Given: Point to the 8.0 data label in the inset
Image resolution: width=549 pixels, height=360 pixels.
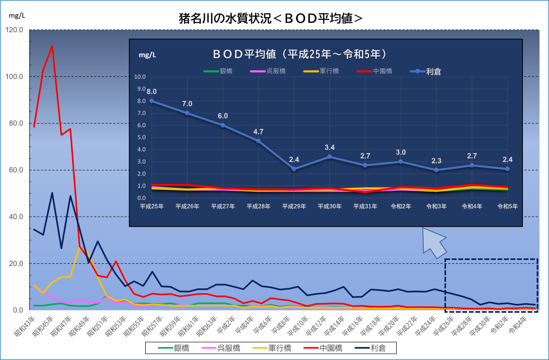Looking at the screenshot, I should point(152,92).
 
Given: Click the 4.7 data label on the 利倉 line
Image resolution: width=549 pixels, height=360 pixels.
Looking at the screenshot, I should point(259,131).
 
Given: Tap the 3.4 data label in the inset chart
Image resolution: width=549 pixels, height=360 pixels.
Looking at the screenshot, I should point(329,147).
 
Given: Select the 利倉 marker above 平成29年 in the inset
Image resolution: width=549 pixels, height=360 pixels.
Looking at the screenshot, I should point(294,169).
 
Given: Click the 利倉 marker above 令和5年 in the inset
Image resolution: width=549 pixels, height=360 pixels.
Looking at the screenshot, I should point(507,169).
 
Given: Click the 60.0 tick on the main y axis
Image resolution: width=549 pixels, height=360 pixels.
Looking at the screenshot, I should point(16,170).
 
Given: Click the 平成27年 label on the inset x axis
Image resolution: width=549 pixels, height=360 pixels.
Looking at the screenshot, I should point(223,206).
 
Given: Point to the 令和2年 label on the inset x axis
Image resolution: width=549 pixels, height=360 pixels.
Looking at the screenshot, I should point(400,206).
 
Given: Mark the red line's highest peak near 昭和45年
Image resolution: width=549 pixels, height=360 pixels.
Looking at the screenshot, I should point(52,46).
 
